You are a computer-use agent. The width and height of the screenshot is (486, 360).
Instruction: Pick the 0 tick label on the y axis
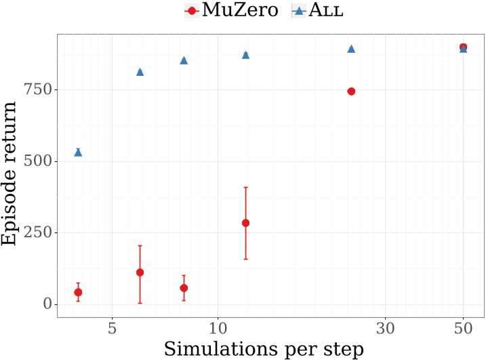46,304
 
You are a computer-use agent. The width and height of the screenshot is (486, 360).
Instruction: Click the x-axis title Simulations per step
264,348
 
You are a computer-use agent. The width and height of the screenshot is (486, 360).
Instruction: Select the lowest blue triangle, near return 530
78,152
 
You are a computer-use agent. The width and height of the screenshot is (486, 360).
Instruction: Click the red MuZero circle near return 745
351,92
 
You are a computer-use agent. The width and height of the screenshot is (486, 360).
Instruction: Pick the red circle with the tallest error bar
246,223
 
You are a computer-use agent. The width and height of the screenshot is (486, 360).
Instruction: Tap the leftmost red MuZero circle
78,292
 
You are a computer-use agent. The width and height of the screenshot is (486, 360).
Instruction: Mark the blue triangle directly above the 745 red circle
351,49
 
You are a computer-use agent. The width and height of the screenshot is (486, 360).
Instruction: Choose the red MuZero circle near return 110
140,273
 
